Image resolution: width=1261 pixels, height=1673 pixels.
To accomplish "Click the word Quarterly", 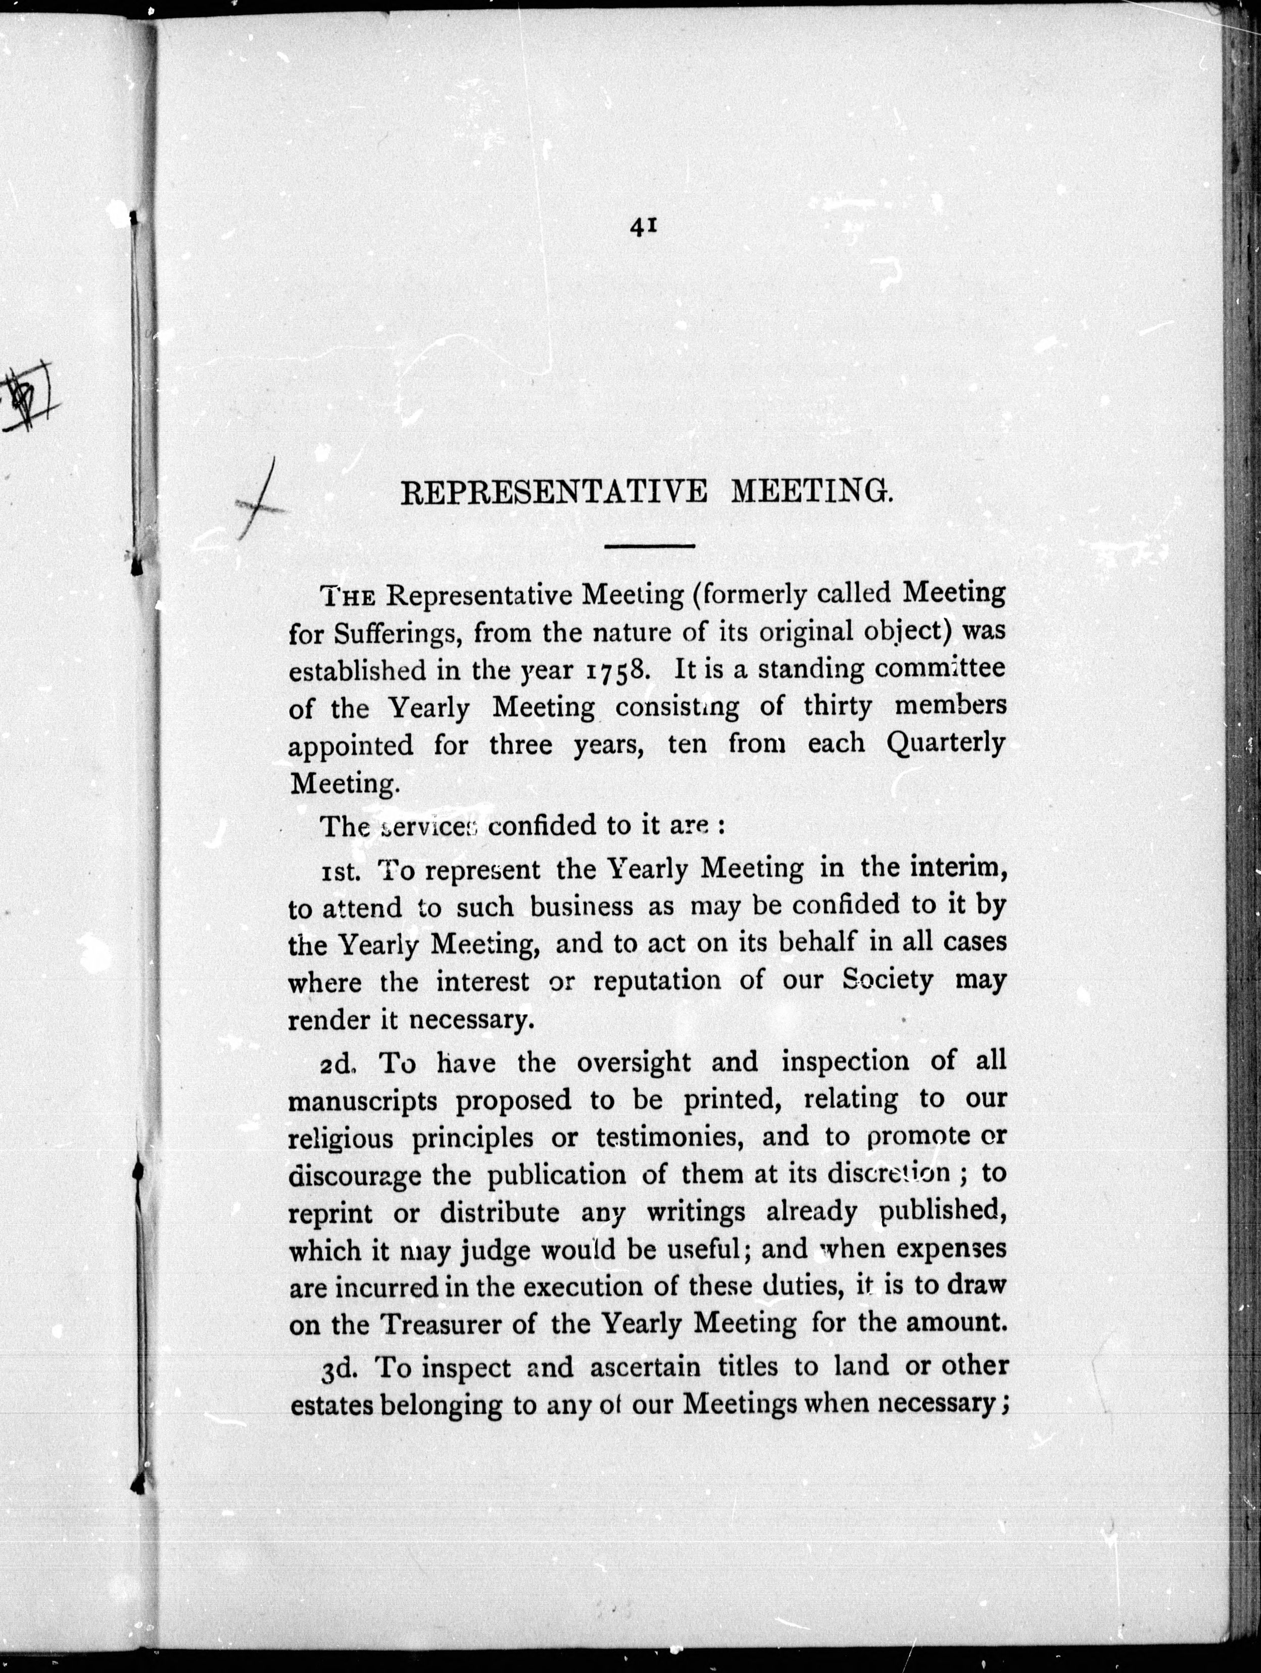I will coord(946,744).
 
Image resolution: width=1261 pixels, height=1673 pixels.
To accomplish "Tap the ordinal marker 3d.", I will coord(344,1367).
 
